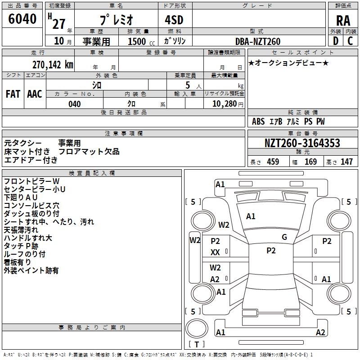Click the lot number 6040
click(x=22, y=18)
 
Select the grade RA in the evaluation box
click(x=343, y=21)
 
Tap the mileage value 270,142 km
click(x=53, y=65)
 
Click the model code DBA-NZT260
click(x=258, y=41)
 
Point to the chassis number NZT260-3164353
click(x=302, y=143)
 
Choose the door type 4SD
click(x=174, y=20)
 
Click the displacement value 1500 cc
click(x=141, y=41)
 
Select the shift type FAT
click(x=13, y=94)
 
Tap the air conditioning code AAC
click(x=35, y=94)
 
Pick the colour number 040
click(x=75, y=104)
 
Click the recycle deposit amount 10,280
click(x=225, y=104)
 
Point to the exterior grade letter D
click(x=335, y=41)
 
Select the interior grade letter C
click(x=350, y=41)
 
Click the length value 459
click(x=273, y=162)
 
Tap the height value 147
click(x=346, y=162)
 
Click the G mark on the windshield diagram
click(x=284, y=237)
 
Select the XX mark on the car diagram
click(x=215, y=252)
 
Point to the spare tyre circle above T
click(x=197, y=328)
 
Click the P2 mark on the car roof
click(x=271, y=251)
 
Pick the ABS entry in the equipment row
click(x=258, y=121)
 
